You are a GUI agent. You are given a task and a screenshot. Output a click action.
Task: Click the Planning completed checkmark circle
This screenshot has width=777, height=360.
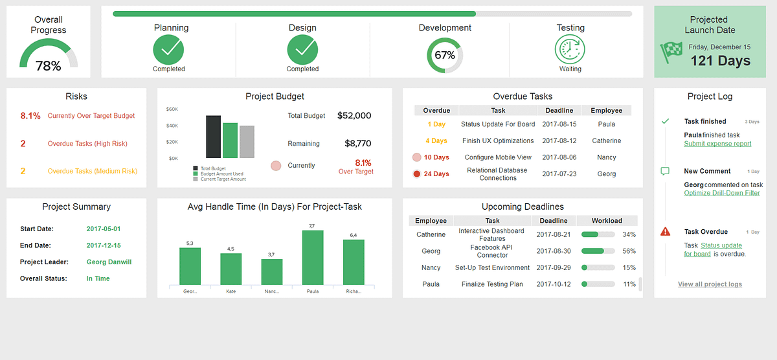click(x=168, y=49)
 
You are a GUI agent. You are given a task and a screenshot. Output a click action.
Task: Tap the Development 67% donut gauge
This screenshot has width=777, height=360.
click(x=445, y=55)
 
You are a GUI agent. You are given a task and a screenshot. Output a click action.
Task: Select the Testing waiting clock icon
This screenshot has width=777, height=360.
click(x=570, y=49)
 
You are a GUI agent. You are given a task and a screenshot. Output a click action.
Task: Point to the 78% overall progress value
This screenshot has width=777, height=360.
click(x=48, y=65)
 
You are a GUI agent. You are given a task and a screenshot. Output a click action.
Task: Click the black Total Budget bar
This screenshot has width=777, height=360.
click(x=213, y=137)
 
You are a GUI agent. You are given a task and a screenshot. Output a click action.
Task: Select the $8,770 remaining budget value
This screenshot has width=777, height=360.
click(x=357, y=144)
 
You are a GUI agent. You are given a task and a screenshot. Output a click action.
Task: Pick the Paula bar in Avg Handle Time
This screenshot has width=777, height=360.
click(x=312, y=257)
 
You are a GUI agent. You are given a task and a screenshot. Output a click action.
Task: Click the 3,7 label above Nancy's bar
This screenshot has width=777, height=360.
click(x=271, y=254)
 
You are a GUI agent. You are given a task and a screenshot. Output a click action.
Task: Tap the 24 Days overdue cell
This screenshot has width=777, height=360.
click(x=436, y=174)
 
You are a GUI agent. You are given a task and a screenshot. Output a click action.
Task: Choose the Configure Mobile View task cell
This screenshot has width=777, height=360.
click(x=498, y=157)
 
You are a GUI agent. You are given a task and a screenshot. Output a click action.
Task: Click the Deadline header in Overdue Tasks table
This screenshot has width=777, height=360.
click(x=559, y=111)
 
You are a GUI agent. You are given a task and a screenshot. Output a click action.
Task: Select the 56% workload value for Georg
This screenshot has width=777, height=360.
click(x=629, y=251)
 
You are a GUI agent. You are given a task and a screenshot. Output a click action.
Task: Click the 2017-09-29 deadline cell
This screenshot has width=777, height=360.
click(x=553, y=267)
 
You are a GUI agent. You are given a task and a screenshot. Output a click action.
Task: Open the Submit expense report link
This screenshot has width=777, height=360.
click(x=717, y=144)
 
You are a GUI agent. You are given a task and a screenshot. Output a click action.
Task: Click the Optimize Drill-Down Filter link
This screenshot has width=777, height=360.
click(x=722, y=193)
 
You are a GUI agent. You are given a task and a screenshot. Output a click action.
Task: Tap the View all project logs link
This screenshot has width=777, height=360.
click(x=710, y=284)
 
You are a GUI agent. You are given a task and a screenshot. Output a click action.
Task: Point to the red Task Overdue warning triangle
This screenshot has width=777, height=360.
click(x=665, y=232)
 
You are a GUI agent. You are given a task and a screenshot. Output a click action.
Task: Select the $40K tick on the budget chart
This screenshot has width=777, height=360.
click(x=172, y=126)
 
